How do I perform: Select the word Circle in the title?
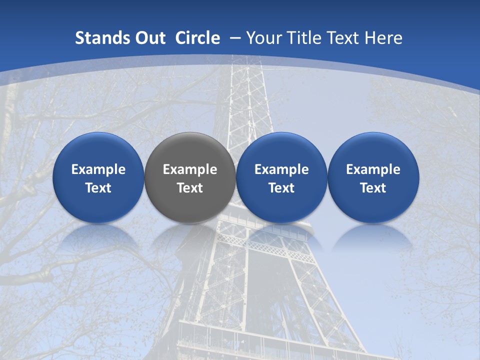[197, 38]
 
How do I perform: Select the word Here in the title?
[384, 38]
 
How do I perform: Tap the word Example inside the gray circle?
[190, 169]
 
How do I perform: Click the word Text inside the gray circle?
[190, 188]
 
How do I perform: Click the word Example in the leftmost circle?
[98, 169]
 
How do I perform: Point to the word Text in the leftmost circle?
[98, 188]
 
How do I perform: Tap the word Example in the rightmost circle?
[373, 169]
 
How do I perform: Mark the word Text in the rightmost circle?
[373, 188]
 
